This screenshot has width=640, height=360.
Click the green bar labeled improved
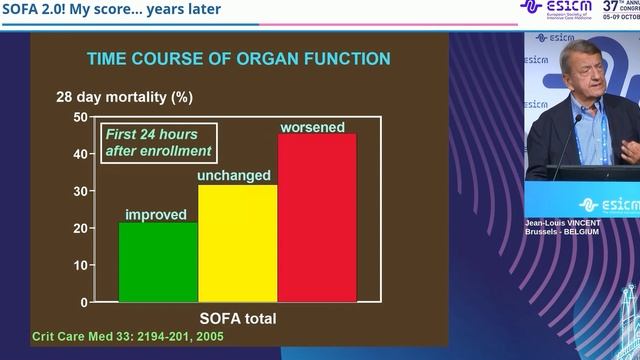pyautogui.click(x=158, y=261)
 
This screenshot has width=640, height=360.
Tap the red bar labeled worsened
pyautogui.click(x=317, y=217)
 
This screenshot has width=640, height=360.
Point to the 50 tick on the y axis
pyautogui.click(x=81, y=117)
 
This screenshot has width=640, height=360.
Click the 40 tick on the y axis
pyautogui.click(x=81, y=154)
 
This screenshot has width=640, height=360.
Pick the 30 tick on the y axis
pyautogui.click(x=81, y=191)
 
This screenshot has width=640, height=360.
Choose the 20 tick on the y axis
pyautogui.click(x=81, y=228)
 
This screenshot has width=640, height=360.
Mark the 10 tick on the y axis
pyautogui.click(x=81, y=265)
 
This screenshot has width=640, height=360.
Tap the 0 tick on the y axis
pyautogui.click(x=84, y=301)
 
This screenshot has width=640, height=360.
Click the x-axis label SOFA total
pyautogui.click(x=238, y=319)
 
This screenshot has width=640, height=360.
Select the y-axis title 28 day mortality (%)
pyautogui.click(x=124, y=98)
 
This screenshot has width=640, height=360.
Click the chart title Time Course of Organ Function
pyautogui.click(x=239, y=59)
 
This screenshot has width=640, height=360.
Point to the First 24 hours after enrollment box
pyautogui.click(x=159, y=143)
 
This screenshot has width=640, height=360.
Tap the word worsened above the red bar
pyautogui.click(x=312, y=127)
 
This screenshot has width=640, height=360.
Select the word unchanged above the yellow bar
pyautogui.click(x=234, y=176)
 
